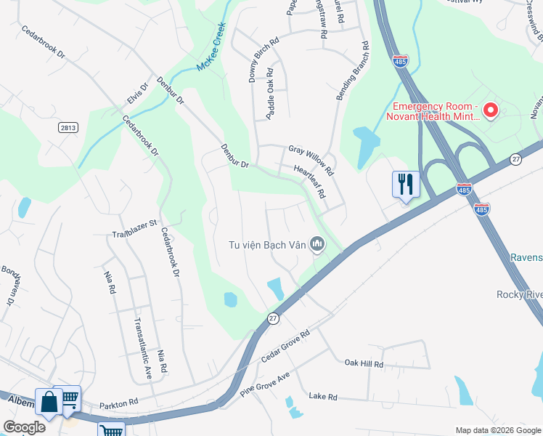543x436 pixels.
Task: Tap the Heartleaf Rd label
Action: pos(310,182)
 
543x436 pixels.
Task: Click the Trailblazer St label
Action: pos(134,229)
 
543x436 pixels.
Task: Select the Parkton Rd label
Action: pos(118,402)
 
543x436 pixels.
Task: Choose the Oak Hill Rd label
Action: pos(364,363)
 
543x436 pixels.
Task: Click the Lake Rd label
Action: pos(323,397)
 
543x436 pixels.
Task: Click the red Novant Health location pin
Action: pos(490,110)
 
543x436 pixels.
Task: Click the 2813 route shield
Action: pos(68,127)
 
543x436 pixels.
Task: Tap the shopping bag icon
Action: pos(48,402)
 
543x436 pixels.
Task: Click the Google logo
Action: pos(25,427)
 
